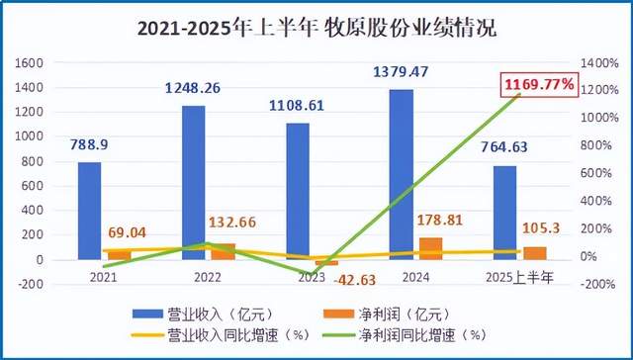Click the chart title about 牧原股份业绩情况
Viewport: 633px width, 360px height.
click(x=316, y=29)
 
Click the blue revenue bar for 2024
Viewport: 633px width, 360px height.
click(x=401, y=174)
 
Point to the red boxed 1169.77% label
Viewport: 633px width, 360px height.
click(x=539, y=86)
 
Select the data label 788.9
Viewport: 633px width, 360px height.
click(x=88, y=144)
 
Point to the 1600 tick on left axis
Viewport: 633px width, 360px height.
click(x=32, y=62)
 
